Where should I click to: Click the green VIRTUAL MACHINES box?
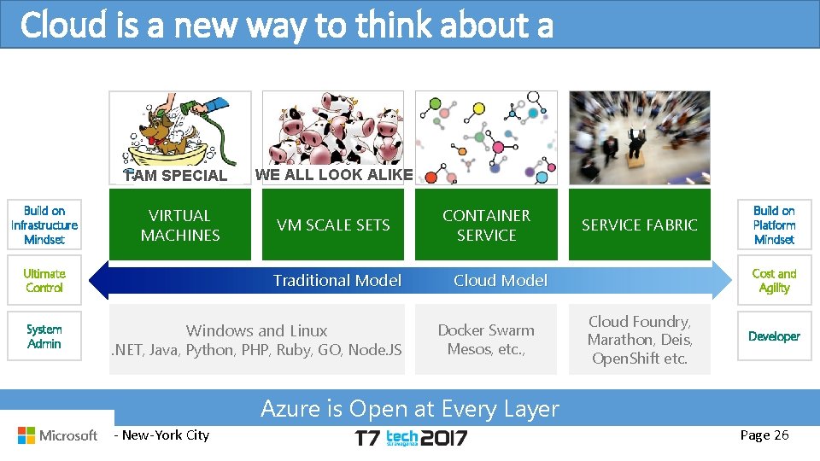(179, 225)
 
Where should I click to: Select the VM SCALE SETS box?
(333, 225)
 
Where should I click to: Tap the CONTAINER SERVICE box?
(486, 225)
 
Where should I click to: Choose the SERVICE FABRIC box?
(640, 225)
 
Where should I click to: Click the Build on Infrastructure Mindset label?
(44, 225)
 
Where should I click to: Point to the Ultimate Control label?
(44, 281)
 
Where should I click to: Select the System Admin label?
(44, 336)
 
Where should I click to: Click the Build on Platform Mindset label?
(774, 225)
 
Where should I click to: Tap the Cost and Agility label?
(774, 281)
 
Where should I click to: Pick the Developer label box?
(774, 336)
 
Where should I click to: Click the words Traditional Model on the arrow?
(337, 281)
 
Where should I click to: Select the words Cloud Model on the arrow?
(501, 281)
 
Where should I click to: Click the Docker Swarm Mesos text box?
(486, 339)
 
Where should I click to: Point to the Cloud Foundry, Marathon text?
(640, 340)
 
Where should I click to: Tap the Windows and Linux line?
(256, 330)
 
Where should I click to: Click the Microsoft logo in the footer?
(58, 435)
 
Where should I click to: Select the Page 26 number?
(764, 435)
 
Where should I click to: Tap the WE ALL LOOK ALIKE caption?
(334, 175)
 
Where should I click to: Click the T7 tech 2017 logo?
(411, 438)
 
